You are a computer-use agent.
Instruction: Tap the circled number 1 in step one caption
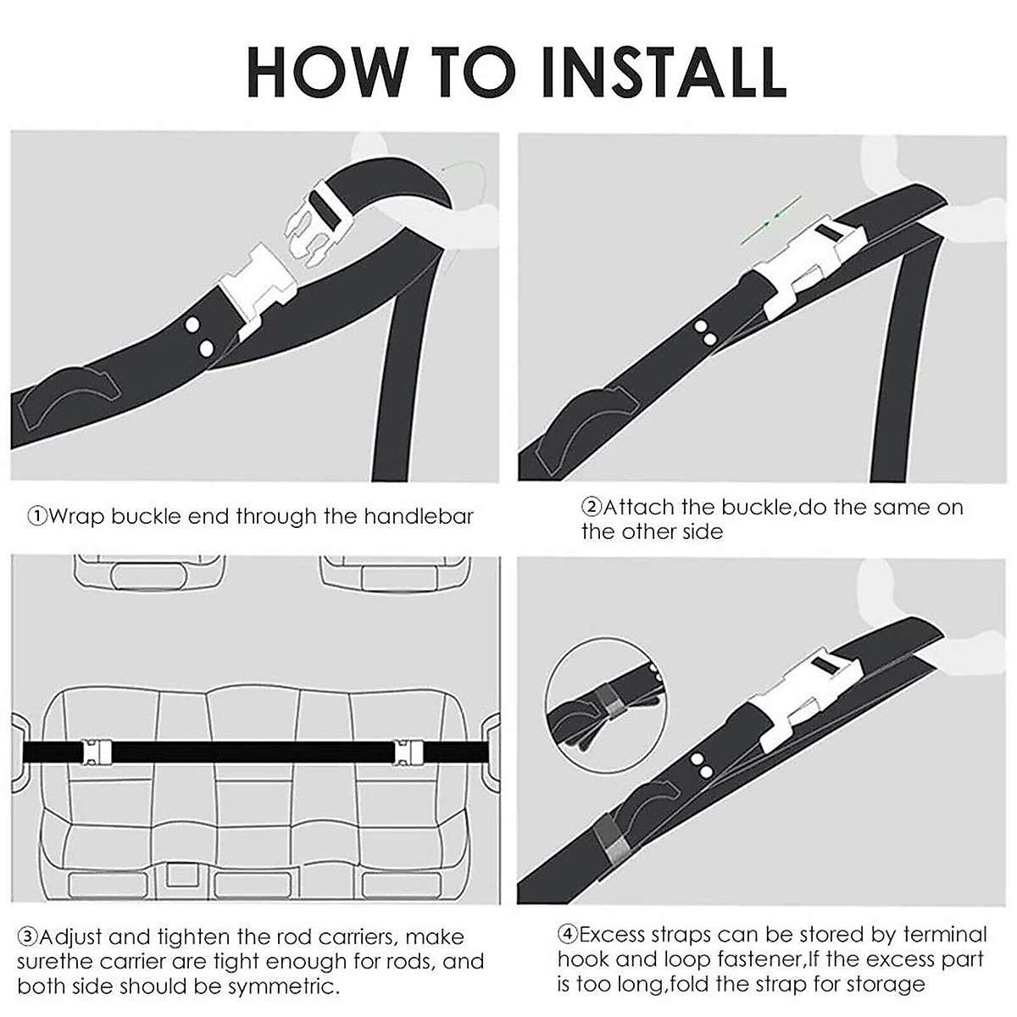click(37, 516)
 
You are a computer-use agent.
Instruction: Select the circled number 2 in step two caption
click(591, 508)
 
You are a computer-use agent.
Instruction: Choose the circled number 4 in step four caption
click(568, 935)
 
